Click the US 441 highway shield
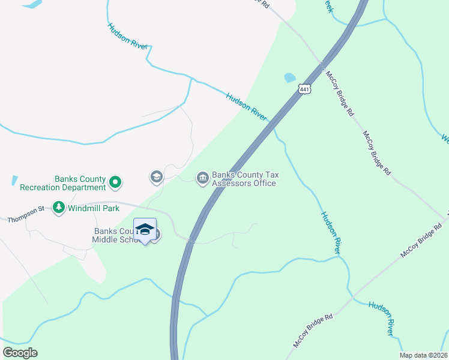pyautogui.click(x=304, y=89)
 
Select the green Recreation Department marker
pyautogui.click(x=116, y=181)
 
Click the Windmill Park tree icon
pyautogui.click(x=58, y=208)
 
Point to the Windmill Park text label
pyautogui.click(x=93, y=208)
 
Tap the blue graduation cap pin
pyautogui.click(x=145, y=230)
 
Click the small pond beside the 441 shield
pyautogui.click(x=290, y=77)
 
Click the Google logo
pyautogui.click(x=20, y=353)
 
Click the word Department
pyautogui.click(x=85, y=188)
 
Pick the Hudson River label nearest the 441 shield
pyautogui.click(x=246, y=106)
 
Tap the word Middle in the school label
pyautogui.click(x=106, y=240)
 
